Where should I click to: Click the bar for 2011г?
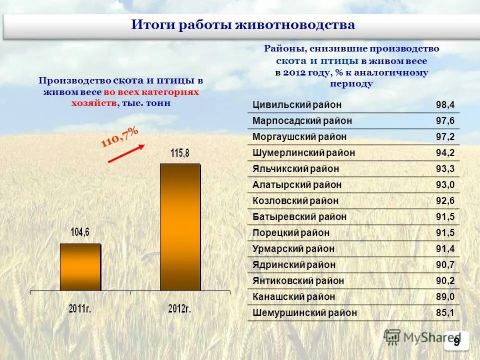(x=80, y=267)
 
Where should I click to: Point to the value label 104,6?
(x=80, y=232)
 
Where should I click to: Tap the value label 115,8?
(x=180, y=153)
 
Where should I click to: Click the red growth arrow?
(x=126, y=154)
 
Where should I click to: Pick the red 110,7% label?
(x=120, y=137)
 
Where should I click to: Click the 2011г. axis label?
(x=80, y=308)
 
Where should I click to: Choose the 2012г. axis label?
(x=179, y=308)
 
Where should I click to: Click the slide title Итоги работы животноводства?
(x=243, y=25)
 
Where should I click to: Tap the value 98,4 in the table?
(x=445, y=105)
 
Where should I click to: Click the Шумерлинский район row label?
(x=303, y=153)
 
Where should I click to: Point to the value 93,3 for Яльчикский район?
(x=445, y=169)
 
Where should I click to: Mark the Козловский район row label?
(x=295, y=201)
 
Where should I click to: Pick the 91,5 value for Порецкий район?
(x=445, y=233)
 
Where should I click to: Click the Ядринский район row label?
(x=294, y=265)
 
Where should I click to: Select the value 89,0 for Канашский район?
(x=445, y=297)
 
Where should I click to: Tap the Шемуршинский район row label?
(x=305, y=313)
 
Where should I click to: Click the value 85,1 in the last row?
(x=445, y=313)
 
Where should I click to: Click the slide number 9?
(x=456, y=341)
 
